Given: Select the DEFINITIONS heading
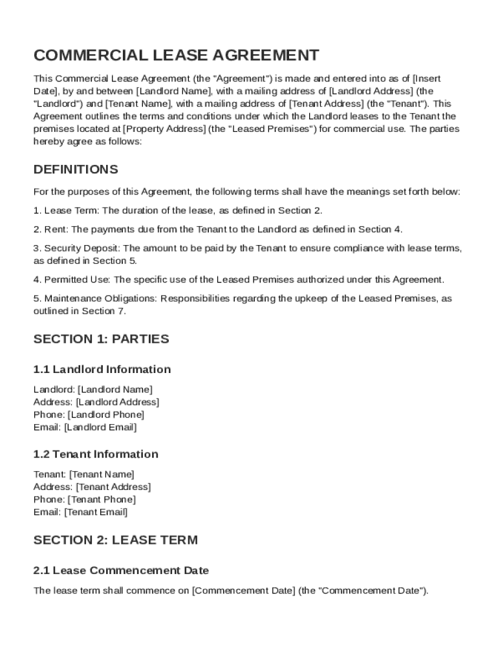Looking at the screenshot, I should (76, 169).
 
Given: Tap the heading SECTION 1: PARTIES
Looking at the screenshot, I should (101, 339).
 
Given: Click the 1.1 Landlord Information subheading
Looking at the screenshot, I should (102, 370).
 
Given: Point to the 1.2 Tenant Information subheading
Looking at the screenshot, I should (96, 454).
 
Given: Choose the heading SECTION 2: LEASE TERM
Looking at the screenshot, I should (116, 540).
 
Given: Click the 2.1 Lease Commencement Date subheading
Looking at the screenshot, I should (121, 571).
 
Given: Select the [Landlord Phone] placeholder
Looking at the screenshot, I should (106, 414).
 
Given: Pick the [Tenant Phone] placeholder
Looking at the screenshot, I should (102, 499).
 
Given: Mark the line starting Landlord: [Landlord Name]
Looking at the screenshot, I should (93, 389).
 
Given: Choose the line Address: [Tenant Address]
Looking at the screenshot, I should (92, 487).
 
